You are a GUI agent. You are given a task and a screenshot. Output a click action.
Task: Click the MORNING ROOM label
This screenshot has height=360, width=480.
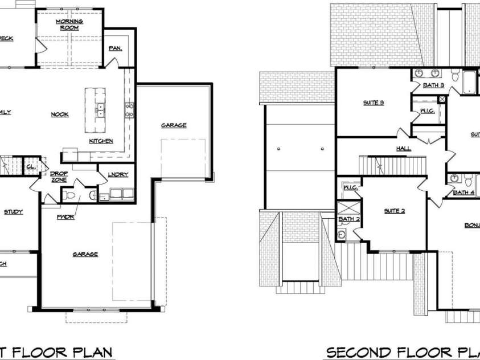(69, 24)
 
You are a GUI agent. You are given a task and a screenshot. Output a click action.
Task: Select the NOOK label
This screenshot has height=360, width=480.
(60, 114)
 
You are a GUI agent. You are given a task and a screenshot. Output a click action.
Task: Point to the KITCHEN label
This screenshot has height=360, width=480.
(101, 141)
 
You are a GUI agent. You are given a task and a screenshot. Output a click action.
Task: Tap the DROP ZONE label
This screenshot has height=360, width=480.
(59, 177)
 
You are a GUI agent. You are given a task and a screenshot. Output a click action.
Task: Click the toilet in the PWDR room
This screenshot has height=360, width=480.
(69, 196)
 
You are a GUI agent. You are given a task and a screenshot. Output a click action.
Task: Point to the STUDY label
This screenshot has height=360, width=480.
(13, 212)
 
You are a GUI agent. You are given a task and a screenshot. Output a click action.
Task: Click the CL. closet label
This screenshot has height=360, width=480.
(30, 167)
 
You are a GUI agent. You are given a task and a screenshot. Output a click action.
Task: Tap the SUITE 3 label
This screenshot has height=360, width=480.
(374, 103)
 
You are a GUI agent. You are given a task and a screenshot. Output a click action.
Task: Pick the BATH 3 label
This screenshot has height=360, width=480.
(434, 85)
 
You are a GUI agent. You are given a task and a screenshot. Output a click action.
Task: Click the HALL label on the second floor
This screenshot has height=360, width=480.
(404, 148)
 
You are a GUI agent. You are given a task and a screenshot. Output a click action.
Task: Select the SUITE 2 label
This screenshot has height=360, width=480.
(394, 211)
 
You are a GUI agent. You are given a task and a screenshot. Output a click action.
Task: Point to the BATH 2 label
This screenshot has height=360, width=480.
(349, 219)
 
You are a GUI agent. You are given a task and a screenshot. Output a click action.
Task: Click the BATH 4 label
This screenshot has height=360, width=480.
(463, 193)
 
